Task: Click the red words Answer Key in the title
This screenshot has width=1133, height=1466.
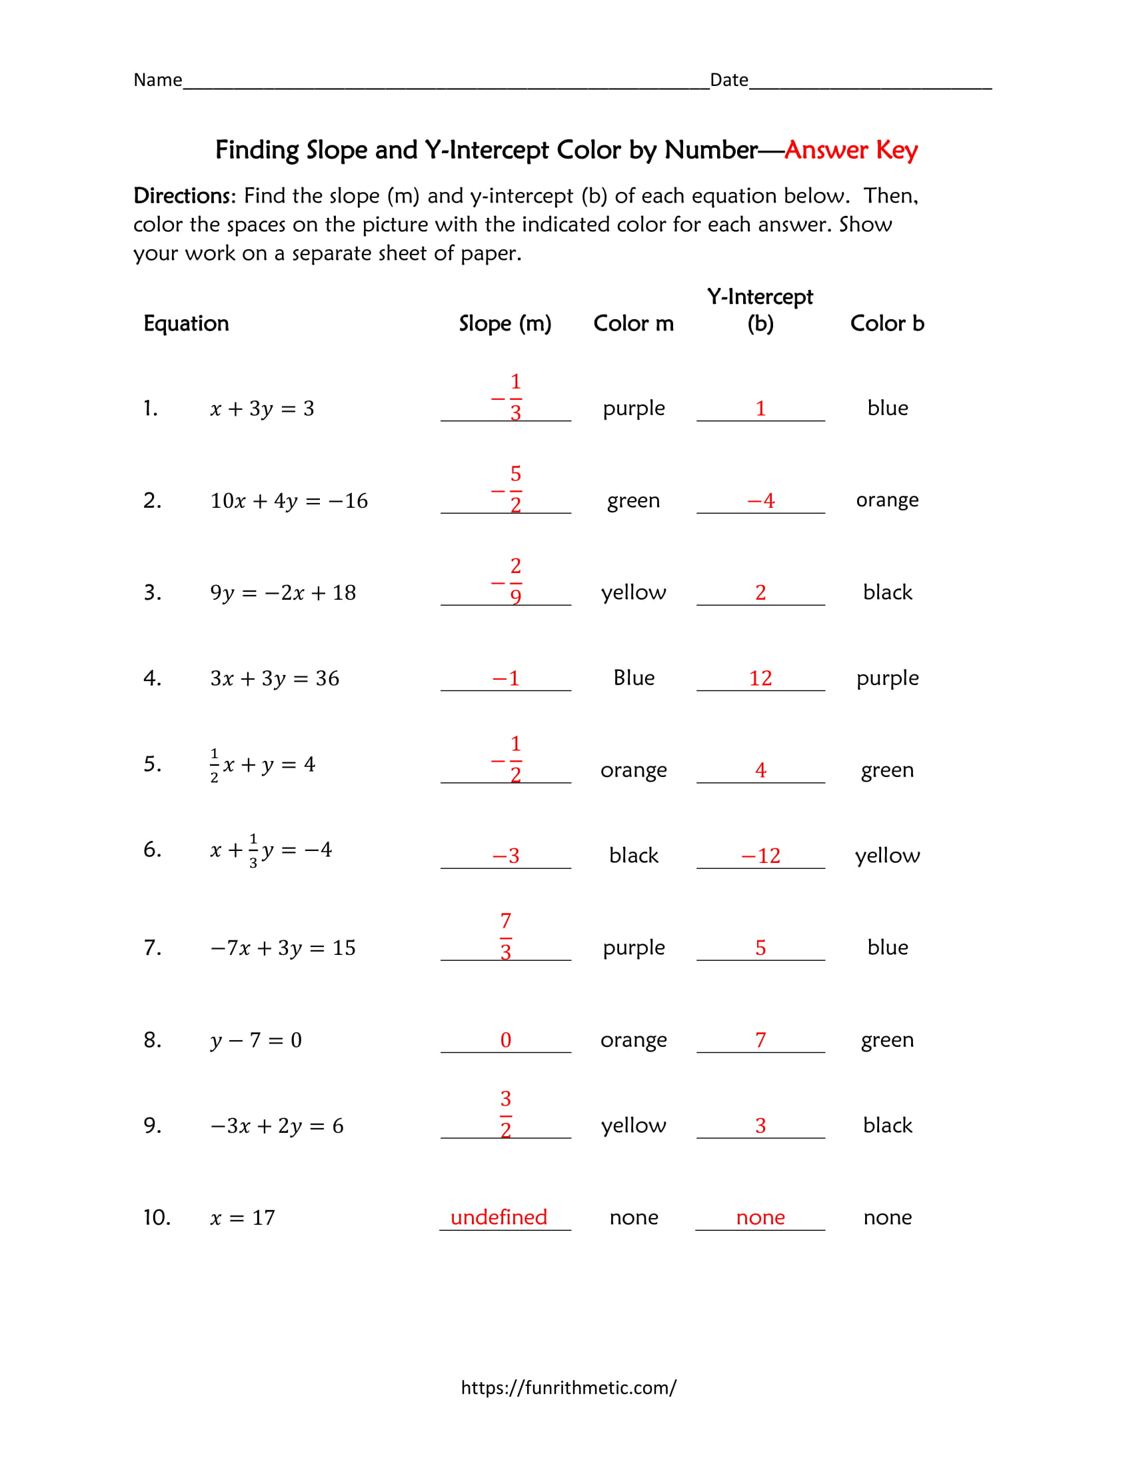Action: (850, 150)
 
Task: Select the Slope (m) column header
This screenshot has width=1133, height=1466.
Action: (505, 323)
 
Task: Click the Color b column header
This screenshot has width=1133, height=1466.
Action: (886, 323)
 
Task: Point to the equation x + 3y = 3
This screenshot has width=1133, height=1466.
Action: (262, 408)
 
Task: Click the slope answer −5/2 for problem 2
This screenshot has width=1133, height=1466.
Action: (509, 488)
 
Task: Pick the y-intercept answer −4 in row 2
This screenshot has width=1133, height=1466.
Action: (760, 500)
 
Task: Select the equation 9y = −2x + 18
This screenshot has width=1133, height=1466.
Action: (283, 592)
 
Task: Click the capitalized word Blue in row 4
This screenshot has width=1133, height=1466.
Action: (633, 677)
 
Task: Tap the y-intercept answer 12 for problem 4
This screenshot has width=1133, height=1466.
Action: (760, 678)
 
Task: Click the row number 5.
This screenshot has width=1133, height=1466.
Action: (152, 764)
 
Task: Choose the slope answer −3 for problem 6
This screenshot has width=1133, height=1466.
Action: (505, 855)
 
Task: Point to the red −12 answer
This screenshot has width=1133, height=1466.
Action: (760, 855)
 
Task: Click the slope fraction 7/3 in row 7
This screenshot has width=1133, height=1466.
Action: (505, 936)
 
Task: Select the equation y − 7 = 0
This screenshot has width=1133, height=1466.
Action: (256, 1040)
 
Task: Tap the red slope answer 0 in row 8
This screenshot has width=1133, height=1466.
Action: (505, 1040)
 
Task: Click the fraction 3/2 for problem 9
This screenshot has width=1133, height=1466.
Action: (505, 1113)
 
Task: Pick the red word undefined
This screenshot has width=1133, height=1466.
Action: (499, 1217)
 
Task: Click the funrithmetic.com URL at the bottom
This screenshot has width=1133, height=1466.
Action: (568, 1387)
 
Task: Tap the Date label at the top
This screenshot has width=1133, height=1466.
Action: (728, 80)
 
